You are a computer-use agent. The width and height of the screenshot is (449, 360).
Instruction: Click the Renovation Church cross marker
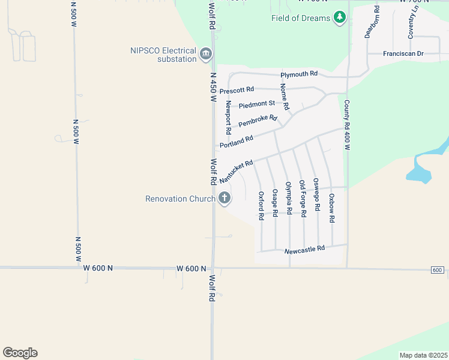(x=224, y=198)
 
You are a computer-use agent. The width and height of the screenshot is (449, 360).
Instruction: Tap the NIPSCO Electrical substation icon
(x=206, y=55)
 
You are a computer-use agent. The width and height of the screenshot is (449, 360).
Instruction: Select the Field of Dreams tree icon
(x=340, y=17)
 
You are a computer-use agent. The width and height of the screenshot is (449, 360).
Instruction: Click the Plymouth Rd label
(x=299, y=74)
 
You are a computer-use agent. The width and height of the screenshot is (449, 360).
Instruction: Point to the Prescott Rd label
(x=237, y=90)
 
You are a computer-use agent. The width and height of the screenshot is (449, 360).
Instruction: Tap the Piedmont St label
(x=256, y=105)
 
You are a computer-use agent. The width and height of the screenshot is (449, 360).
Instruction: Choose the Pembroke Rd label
(x=257, y=121)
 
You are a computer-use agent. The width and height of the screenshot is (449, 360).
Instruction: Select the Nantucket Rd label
(x=236, y=172)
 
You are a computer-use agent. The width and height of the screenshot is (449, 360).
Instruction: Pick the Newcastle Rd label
(x=304, y=248)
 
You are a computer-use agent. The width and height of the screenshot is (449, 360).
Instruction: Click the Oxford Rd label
(x=261, y=206)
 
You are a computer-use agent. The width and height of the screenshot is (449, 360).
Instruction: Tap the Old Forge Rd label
(x=302, y=198)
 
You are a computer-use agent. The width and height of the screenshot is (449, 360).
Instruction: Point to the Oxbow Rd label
(x=331, y=208)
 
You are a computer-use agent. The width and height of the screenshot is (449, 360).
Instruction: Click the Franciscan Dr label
(x=403, y=54)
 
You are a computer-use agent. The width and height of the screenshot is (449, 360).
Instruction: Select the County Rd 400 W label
(x=346, y=125)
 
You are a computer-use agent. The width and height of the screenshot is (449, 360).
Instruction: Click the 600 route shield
(x=438, y=271)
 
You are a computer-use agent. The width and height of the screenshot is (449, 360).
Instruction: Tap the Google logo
(x=20, y=353)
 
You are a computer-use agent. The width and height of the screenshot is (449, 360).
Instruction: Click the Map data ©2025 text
(x=423, y=355)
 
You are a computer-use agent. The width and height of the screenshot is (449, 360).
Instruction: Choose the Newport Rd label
(x=228, y=118)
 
